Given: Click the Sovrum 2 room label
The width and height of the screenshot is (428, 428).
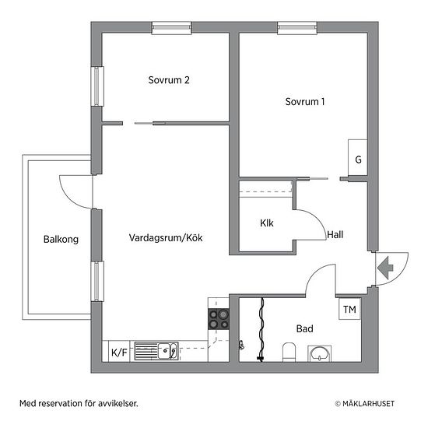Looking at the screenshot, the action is coord(169,80).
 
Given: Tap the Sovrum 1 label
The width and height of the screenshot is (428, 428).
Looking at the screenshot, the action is coord(305,102).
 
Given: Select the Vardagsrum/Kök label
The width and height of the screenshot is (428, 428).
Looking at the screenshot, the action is coord(166,238).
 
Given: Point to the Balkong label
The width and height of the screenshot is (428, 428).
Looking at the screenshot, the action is coord(61,240).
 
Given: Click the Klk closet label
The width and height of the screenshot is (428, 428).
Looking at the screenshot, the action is coord(267,223).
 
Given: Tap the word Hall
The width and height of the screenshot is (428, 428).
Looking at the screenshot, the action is coord(335,234).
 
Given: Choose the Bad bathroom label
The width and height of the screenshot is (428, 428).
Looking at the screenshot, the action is coord(304,328).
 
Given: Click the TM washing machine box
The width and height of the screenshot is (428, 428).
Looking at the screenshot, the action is coord(349,309).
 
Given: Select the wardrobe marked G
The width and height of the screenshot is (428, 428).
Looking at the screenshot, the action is coord(358,157).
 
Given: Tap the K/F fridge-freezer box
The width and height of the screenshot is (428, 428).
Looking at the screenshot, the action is coord(119,352).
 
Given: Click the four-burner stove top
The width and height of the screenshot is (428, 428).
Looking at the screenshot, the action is coord(219,319).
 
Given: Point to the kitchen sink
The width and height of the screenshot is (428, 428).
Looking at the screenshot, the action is coord(156,351).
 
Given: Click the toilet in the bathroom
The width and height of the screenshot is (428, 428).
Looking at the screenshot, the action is coord(289,352).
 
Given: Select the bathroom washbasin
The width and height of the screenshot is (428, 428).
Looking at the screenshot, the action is coord(320,353).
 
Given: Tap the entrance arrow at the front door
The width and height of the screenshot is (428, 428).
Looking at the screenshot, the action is coord(385,268).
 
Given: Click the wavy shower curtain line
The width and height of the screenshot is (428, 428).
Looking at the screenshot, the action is coord(261,330).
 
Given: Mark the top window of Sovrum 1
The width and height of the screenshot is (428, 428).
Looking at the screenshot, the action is coord(297,27).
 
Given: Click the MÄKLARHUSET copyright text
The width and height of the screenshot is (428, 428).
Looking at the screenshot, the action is coord(365,403).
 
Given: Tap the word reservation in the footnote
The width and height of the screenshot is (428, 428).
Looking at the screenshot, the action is coord(59,403).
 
